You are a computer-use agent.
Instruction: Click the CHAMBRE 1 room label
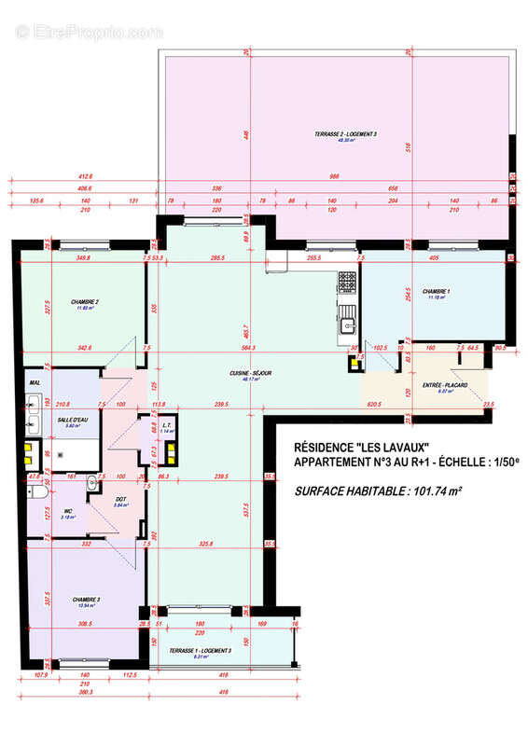[436, 292]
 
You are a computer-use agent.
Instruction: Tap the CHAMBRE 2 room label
[85, 302]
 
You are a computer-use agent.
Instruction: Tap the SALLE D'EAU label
[71, 420]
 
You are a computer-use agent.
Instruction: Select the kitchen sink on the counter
[347, 325]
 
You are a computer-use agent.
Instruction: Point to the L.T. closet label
[166, 424]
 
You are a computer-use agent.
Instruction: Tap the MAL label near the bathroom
[35, 382]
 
